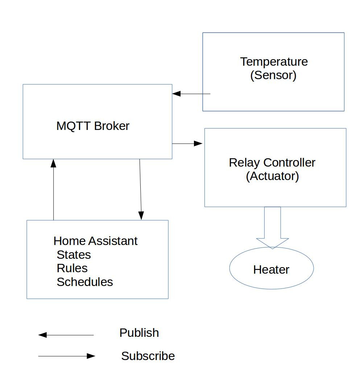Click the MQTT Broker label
(x=93, y=126)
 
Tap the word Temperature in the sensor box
(x=274, y=62)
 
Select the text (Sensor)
(x=273, y=75)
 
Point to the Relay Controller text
(x=272, y=163)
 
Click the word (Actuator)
(x=272, y=176)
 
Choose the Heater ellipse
(x=272, y=268)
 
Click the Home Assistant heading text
(x=95, y=241)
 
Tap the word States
(x=74, y=255)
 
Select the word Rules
(x=72, y=268)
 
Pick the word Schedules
(x=85, y=282)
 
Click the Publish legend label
(x=139, y=333)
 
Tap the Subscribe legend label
(x=148, y=356)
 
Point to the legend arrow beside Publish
(x=66, y=335)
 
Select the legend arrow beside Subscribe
(x=67, y=356)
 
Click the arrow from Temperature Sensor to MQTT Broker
(x=191, y=94)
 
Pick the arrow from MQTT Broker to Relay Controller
(x=187, y=143)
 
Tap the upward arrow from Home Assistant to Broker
(x=53, y=189)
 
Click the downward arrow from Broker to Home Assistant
(x=140, y=189)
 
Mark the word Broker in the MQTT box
(x=112, y=126)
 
